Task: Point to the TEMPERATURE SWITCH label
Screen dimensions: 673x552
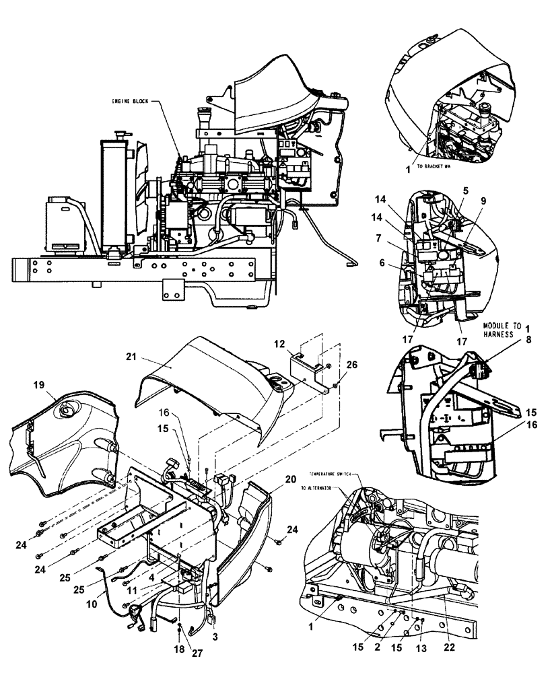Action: (x=335, y=474)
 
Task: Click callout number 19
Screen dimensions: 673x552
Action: (x=39, y=384)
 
